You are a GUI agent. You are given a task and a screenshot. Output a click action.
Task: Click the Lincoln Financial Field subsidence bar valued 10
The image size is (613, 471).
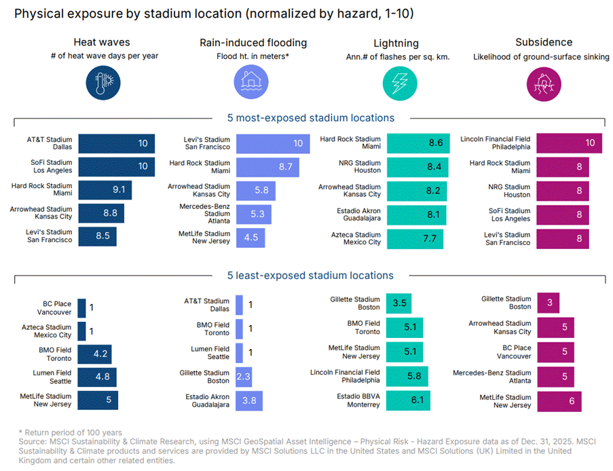pyautogui.click(x=569, y=143)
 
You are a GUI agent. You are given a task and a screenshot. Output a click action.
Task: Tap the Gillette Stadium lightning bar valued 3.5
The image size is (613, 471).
pyautogui.click(x=398, y=303)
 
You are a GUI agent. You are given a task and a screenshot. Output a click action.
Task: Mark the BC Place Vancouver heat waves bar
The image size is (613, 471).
pyautogui.click(x=82, y=308)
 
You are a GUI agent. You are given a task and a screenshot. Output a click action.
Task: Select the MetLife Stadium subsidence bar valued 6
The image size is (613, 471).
pyautogui.click(x=559, y=401)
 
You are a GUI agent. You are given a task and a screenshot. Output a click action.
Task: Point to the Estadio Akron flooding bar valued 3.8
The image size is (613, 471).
pyautogui.click(x=249, y=401)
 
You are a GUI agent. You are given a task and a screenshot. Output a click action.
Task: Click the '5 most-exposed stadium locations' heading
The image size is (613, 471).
pyautogui.click(x=310, y=118)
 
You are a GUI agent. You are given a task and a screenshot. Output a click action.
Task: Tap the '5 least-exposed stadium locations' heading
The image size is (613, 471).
pyautogui.click(x=310, y=276)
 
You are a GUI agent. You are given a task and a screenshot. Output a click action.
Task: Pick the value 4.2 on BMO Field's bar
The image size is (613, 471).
pyautogui.click(x=99, y=354)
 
